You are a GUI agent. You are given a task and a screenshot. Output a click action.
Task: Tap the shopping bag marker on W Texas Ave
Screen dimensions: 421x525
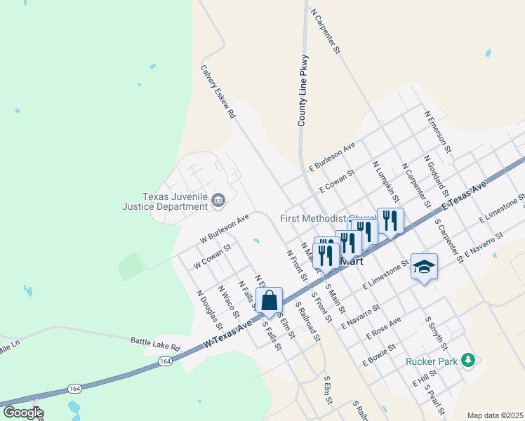(x=269, y=302)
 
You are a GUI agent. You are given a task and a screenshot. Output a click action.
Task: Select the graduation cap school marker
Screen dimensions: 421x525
(x=424, y=267)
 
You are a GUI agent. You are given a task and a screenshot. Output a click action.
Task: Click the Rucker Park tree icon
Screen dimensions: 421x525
(x=468, y=361)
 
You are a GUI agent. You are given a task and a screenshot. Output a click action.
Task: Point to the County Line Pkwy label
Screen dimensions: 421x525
(x=303, y=91)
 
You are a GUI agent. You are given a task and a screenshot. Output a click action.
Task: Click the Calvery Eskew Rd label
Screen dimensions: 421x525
(x=218, y=92)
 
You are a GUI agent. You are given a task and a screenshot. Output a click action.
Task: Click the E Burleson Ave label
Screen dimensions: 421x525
(x=333, y=158)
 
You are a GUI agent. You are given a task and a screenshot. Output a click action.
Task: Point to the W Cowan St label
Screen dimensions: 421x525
(x=212, y=251)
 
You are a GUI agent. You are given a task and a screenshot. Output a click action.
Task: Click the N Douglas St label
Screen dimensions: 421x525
(x=209, y=309)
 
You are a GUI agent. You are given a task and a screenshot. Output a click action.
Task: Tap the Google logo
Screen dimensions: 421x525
(x=22, y=413)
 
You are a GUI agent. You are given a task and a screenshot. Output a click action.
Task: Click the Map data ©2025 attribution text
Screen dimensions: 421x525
(x=494, y=415)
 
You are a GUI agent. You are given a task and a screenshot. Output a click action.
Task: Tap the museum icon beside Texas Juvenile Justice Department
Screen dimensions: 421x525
(x=218, y=201)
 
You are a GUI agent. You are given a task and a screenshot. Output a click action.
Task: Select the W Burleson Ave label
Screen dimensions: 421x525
(x=225, y=229)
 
